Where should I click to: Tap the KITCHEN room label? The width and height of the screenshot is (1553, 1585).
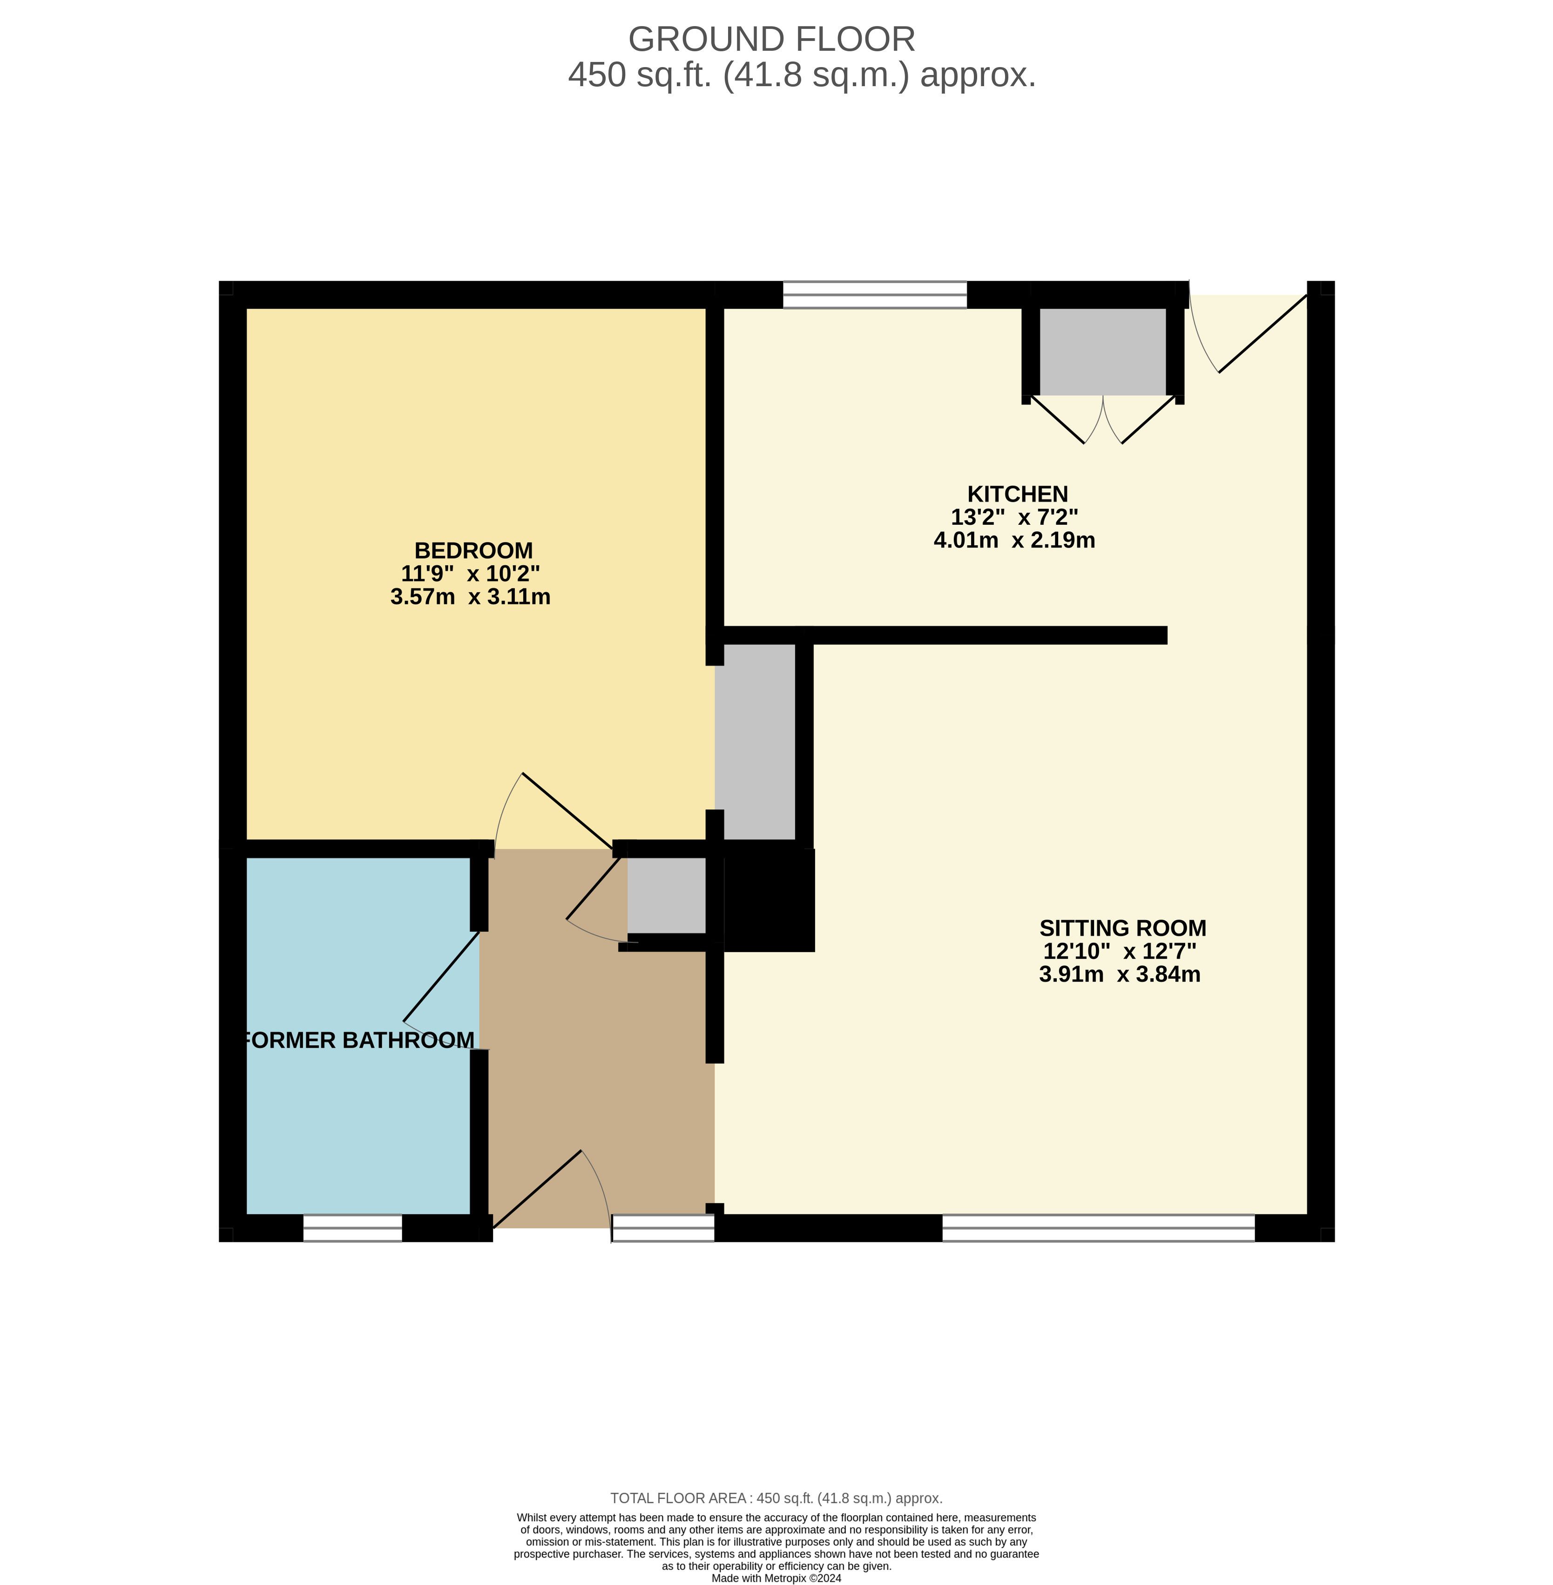[1017, 494]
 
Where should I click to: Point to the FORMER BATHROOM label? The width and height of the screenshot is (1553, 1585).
[359, 1041]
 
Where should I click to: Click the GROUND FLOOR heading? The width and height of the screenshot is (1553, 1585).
[771, 39]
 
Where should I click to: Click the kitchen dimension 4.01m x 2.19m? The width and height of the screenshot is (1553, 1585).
[1014, 540]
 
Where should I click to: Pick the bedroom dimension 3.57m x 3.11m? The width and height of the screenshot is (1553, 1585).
[471, 597]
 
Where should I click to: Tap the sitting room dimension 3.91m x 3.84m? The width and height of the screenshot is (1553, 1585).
[1120, 974]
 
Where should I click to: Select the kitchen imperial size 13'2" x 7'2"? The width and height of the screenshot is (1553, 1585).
[1015, 517]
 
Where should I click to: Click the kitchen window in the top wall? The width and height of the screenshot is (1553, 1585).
[874, 294]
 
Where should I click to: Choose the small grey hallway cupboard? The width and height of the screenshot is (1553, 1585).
[666, 895]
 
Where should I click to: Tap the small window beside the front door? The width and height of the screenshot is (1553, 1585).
[663, 1228]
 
